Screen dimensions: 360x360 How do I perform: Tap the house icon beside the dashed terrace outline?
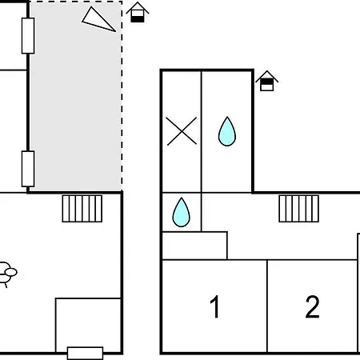click(138, 12)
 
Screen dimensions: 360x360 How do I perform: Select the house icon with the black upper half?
click(266, 81)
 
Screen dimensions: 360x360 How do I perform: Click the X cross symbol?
click(182, 131)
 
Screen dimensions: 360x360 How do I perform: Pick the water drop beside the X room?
click(227, 131)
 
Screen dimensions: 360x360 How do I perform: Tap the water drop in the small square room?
click(182, 213)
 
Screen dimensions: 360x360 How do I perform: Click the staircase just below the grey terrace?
click(82, 209)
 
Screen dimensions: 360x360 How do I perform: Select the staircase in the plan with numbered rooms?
click(299, 209)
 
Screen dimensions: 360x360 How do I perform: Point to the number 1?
click(214, 306)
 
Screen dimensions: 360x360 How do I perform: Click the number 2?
click(312, 306)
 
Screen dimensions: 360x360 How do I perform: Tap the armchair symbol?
click(7, 274)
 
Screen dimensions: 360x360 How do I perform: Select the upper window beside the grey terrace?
click(28, 36)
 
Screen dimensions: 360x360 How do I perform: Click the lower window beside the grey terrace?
click(28, 169)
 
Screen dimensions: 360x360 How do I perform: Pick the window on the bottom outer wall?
click(86, 354)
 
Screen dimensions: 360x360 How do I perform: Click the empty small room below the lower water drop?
click(194, 246)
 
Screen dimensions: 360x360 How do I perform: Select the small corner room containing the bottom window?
click(88, 326)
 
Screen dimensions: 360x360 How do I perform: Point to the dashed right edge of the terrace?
click(122, 96)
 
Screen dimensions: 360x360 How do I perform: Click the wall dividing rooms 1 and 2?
click(267, 306)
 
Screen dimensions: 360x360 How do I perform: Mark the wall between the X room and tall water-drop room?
click(202, 131)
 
